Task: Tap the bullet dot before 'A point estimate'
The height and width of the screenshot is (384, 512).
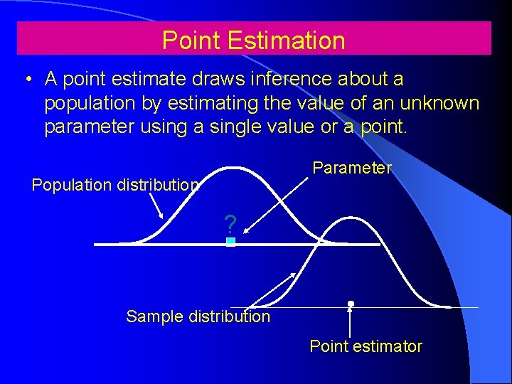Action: pyautogui.click(x=26, y=79)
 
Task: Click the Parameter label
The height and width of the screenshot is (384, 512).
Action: pyautogui.click(x=352, y=168)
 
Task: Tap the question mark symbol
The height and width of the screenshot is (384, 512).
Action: pyautogui.click(x=230, y=225)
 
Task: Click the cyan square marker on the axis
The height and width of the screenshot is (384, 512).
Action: pyautogui.click(x=230, y=242)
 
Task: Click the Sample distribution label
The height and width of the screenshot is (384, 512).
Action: pyautogui.click(x=198, y=316)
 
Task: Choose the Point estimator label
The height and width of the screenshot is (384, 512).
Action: pyautogui.click(x=366, y=346)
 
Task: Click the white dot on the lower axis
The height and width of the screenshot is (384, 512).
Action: pyautogui.click(x=351, y=304)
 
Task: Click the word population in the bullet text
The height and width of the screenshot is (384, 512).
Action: pyautogui.click(x=90, y=103)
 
